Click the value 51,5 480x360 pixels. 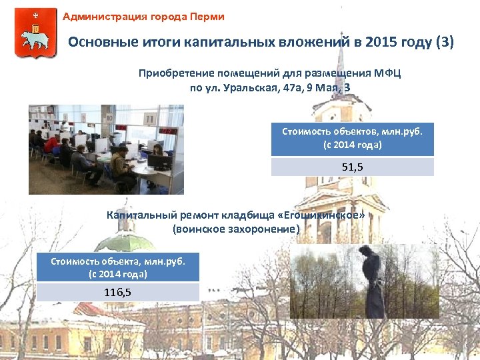tap(352, 167)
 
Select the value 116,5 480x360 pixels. tap(117, 292)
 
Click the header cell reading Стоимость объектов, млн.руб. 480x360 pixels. tap(352, 138)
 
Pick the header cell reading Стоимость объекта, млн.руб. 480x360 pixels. tap(117, 267)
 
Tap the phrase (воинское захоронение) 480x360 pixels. tap(236, 229)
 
